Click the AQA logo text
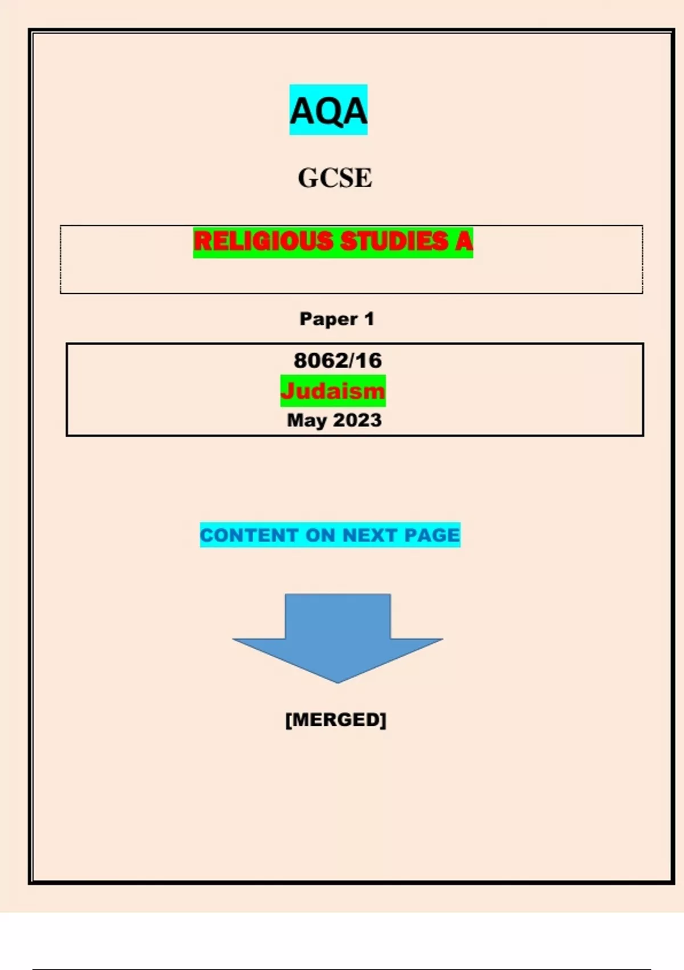click(328, 111)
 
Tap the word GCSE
click(335, 177)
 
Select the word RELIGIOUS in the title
click(263, 241)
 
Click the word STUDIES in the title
click(394, 241)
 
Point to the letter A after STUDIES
click(463, 241)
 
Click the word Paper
click(329, 319)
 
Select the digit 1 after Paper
click(369, 319)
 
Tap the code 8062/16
click(338, 360)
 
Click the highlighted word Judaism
click(333, 391)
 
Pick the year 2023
click(358, 419)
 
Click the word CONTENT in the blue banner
click(249, 535)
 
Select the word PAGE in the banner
click(431, 535)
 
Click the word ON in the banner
click(320, 535)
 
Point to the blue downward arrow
click(337, 637)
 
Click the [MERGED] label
click(336, 720)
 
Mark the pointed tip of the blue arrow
click(338, 683)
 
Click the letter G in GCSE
click(308, 177)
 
